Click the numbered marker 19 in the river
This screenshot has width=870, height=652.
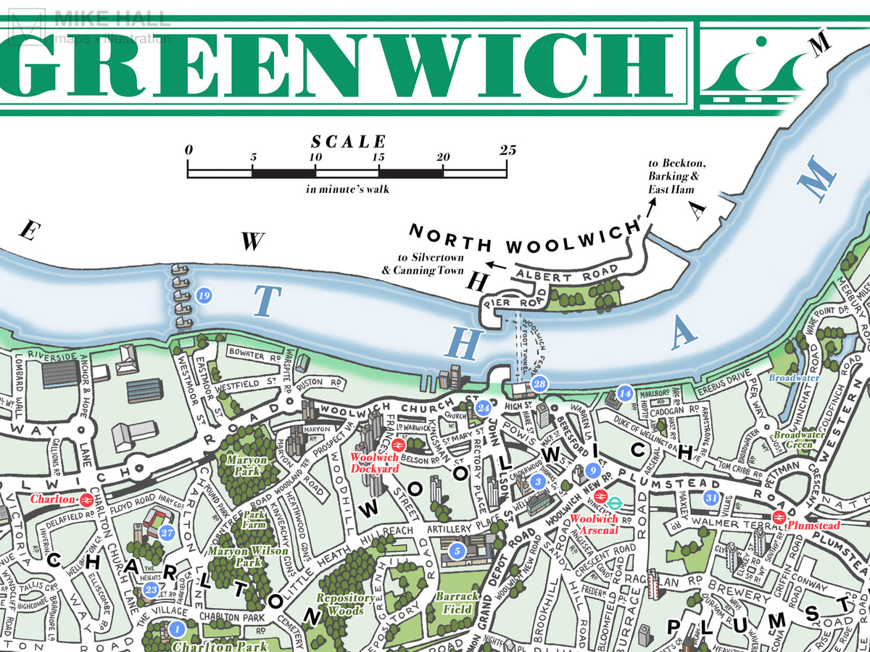click(x=204, y=296)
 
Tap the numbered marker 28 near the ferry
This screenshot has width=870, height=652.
click(x=539, y=384)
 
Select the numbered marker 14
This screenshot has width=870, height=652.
click(x=626, y=393)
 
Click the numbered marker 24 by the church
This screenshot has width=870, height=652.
click(x=484, y=409)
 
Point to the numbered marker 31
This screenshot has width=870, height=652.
click(x=711, y=498)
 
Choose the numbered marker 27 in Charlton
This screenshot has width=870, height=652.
click(x=167, y=532)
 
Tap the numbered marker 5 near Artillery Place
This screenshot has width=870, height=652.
click(x=456, y=551)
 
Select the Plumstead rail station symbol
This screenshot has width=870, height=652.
click(x=779, y=517)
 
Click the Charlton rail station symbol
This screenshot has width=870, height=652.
click(x=86, y=499)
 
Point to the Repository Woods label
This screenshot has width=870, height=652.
click(x=344, y=604)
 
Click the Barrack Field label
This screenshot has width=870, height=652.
click(x=457, y=601)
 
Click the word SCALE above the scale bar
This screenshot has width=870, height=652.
click(x=349, y=142)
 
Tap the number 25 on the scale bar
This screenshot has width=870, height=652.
click(x=507, y=151)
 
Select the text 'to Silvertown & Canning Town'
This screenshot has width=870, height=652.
click(x=428, y=264)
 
